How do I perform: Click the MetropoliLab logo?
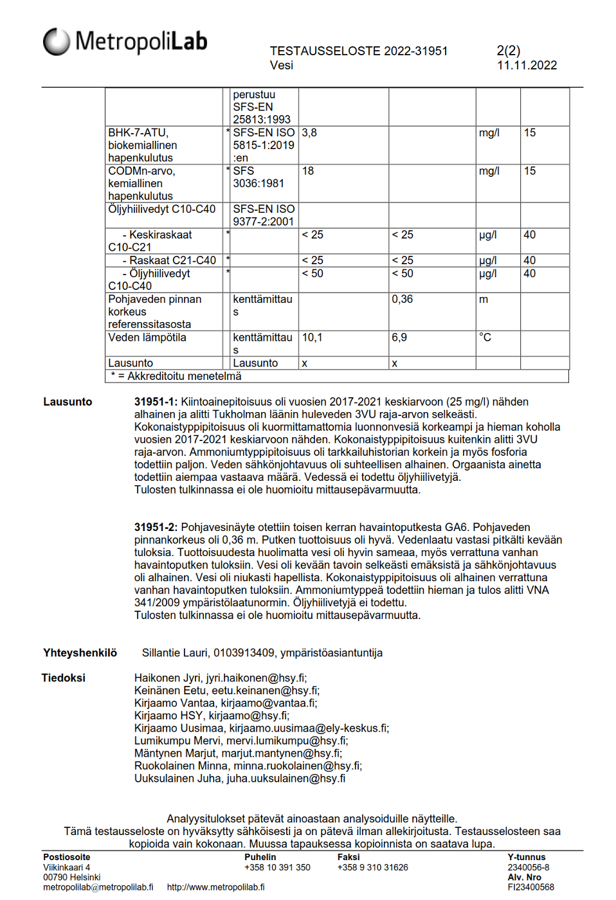(x=125, y=42)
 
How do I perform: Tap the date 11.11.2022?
(x=527, y=65)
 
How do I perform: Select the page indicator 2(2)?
(x=509, y=51)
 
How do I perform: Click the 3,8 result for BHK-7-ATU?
(x=309, y=133)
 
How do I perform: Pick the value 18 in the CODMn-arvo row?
(x=308, y=171)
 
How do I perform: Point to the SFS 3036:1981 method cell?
(x=258, y=177)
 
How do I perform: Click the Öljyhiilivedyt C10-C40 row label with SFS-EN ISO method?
(x=162, y=209)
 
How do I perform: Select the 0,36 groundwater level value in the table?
(x=403, y=299)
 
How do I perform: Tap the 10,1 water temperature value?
(x=312, y=337)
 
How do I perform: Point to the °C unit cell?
(x=485, y=337)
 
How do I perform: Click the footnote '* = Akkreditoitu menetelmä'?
(x=176, y=376)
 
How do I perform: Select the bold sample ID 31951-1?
(x=156, y=402)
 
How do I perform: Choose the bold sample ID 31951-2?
(x=156, y=527)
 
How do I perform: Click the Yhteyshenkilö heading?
(x=80, y=653)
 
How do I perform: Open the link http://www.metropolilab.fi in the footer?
(x=215, y=887)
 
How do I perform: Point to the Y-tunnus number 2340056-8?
(x=529, y=867)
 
